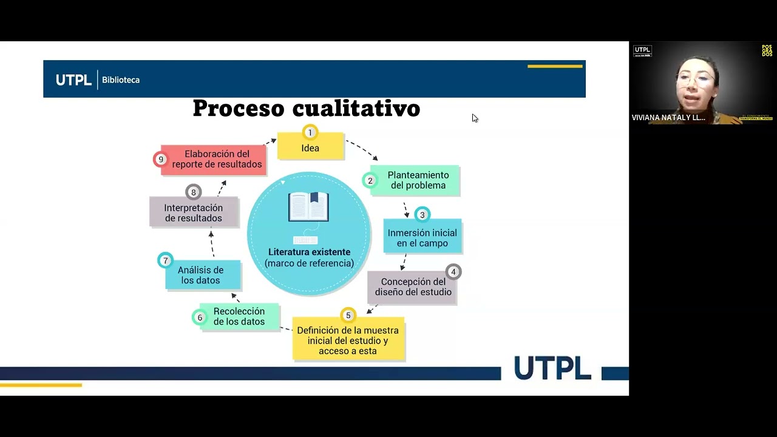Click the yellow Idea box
click(x=310, y=148)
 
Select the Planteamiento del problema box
click(x=418, y=180)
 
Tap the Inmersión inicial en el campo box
click(x=422, y=238)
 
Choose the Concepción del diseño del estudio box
click(x=413, y=286)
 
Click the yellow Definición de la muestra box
click(x=348, y=340)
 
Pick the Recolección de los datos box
click(x=239, y=316)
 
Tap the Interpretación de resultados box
click(x=193, y=213)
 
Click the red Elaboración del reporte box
click(x=217, y=159)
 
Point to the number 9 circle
click(x=161, y=160)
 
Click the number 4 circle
click(x=453, y=272)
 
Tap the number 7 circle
click(x=165, y=261)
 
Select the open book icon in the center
click(x=308, y=207)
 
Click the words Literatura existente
click(x=309, y=252)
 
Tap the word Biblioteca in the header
click(x=121, y=80)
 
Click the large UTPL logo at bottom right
click(x=552, y=368)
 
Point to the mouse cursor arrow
click(x=474, y=118)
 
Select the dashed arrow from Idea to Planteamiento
click(x=362, y=149)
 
